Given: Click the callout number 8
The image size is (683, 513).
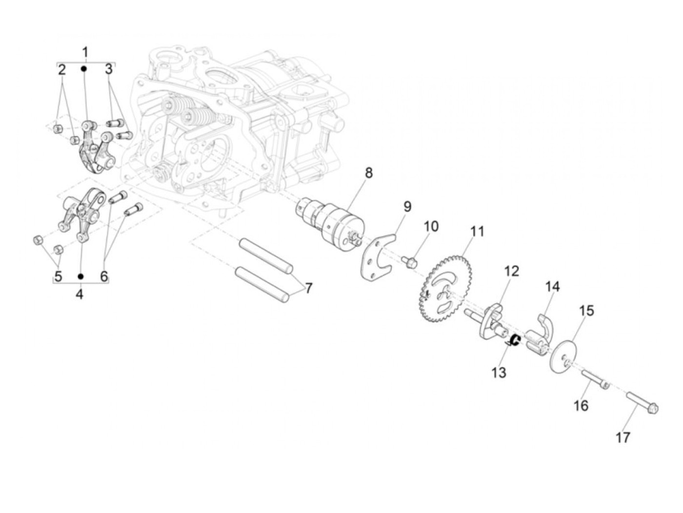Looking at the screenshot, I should tap(368, 173).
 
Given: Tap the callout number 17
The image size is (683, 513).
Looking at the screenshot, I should tap(623, 437).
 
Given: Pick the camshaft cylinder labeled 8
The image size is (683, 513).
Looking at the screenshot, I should tap(336, 222).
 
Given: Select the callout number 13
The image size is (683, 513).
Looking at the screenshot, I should tap(499, 373).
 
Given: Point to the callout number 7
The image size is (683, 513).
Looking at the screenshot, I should tap(308, 288).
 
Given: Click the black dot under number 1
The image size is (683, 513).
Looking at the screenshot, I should tap(84, 69).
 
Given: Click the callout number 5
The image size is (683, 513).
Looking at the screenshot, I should tap(58, 276).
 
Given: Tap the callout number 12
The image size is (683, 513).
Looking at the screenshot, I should tap(512, 271).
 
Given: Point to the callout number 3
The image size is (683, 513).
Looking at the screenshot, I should tap(108, 69).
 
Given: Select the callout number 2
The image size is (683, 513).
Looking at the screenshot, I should tap(61, 69).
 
